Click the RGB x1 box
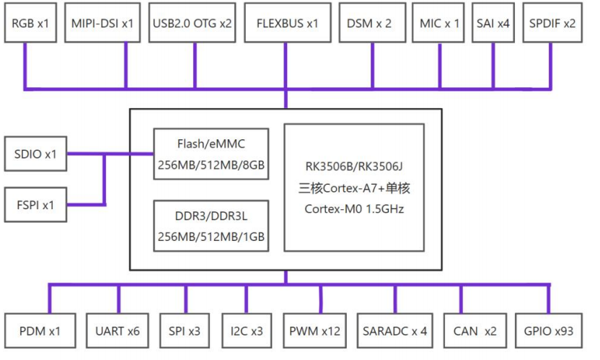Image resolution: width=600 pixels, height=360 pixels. [x=30, y=23]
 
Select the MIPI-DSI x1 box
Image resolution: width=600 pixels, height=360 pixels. [x=102, y=23]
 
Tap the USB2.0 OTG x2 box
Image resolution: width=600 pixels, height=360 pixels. [x=193, y=23]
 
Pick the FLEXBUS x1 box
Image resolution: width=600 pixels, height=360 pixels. [x=287, y=23]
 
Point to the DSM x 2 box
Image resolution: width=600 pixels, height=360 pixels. [x=369, y=23]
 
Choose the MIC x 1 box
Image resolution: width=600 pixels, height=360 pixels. [x=439, y=23]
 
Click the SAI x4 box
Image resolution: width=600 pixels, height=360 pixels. [x=493, y=23]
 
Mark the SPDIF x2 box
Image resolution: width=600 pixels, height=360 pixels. [x=552, y=23]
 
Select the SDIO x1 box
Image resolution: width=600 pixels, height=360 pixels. [x=35, y=154]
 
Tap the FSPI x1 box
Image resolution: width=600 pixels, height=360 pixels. [x=35, y=205]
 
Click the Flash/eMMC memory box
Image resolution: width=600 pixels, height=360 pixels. [x=211, y=154]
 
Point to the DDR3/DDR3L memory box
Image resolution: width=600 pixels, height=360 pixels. [x=211, y=224]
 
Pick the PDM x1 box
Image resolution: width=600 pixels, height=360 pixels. [x=40, y=332]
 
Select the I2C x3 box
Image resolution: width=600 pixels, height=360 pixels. [x=247, y=332]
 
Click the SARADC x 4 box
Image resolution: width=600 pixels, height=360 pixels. [x=395, y=332]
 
